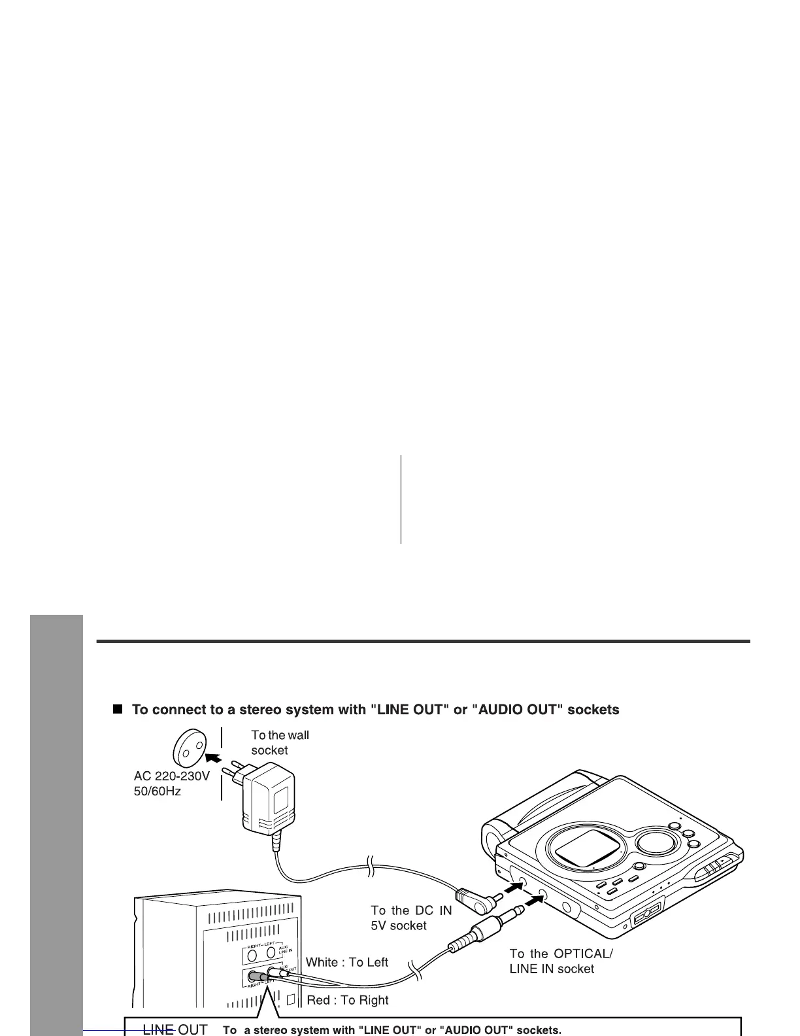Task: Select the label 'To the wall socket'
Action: [x=280, y=742]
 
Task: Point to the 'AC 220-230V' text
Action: [x=172, y=776]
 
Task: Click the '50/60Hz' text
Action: [x=158, y=791]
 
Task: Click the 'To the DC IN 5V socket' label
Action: [x=411, y=918]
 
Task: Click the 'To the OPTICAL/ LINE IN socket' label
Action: [x=561, y=961]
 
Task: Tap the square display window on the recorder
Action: [x=586, y=849]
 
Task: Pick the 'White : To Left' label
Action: [x=346, y=962]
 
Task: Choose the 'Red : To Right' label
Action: [x=347, y=1000]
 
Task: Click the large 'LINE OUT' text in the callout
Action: [x=175, y=1029]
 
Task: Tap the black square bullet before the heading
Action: [x=118, y=710]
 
